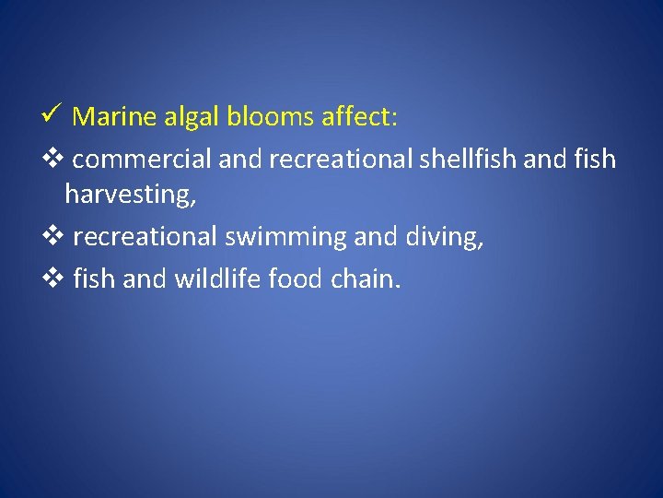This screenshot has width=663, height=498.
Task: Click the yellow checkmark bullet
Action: [52, 116]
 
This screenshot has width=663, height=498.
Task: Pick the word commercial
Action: [142, 159]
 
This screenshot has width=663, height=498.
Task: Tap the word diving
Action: [444, 237]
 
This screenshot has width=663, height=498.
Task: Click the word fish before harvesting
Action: [596, 159]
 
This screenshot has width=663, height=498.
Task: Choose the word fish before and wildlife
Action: [93, 278]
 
